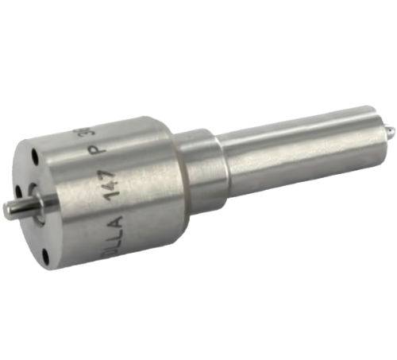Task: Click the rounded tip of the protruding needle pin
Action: pyautogui.click(x=6, y=208)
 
